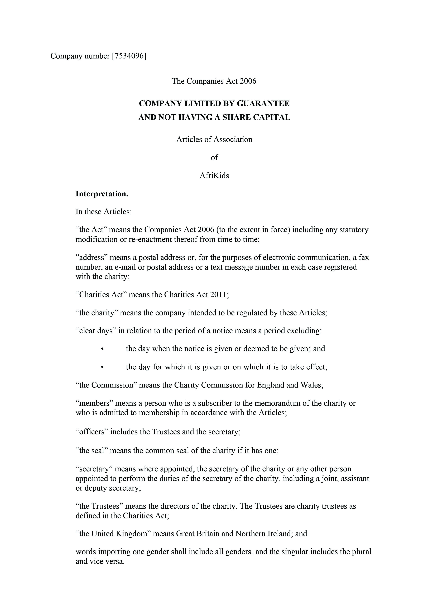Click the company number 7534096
129,56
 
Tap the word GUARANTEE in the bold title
263,103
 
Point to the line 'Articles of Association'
214,139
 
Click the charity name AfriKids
214,176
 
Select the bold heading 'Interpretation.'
102,194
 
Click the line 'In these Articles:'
103,212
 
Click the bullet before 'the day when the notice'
102,349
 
